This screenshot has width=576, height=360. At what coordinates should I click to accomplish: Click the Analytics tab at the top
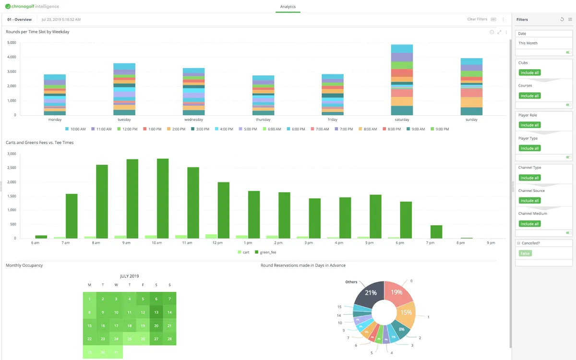[x=288, y=7]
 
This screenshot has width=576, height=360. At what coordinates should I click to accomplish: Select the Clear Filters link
[x=477, y=19]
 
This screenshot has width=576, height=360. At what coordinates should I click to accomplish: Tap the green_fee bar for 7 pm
[x=436, y=231]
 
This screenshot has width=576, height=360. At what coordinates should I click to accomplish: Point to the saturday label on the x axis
[x=402, y=120]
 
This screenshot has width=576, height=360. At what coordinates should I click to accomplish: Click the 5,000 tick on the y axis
[x=12, y=43]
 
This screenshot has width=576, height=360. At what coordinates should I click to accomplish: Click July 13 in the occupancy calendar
[x=156, y=312]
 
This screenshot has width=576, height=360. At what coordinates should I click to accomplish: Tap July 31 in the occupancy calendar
[x=116, y=352]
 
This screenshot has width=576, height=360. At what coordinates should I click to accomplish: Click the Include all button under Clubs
[x=529, y=72]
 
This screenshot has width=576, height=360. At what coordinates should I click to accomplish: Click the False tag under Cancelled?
[x=525, y=253]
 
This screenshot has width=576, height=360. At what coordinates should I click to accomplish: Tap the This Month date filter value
[x=528, y=43]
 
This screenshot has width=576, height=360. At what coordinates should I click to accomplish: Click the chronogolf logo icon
[x=8, y=7]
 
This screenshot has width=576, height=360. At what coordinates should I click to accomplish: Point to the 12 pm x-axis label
[x=217, y=243]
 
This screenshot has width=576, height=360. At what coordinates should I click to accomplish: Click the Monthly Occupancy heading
[x=24, y=265]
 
